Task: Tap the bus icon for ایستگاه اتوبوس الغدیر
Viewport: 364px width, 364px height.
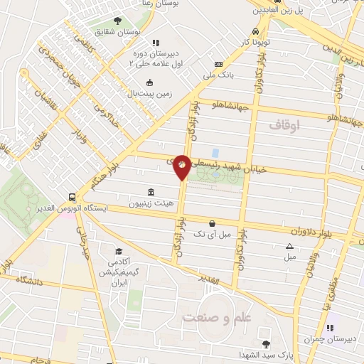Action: click(73, 197)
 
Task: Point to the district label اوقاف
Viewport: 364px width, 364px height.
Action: click(286, 125)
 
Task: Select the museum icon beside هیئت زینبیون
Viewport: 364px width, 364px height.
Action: click(151, 192)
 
